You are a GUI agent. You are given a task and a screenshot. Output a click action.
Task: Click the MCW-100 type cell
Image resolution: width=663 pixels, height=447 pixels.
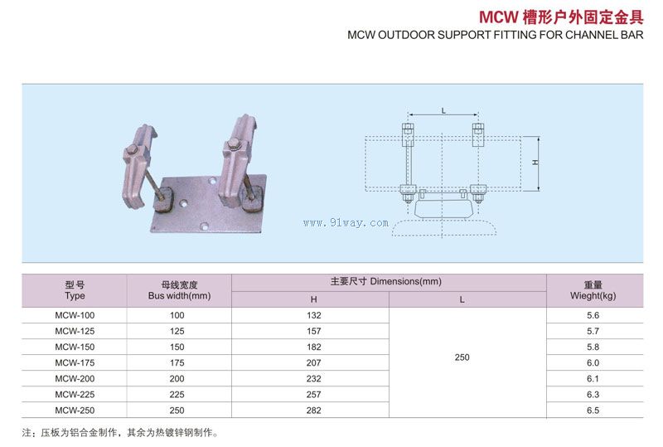(x=75, y=315)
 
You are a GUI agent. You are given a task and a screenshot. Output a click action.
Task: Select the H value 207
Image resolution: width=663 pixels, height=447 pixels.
(x=314, y=362)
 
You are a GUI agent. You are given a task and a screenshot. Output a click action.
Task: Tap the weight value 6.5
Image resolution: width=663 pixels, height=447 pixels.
(x=592, y=410)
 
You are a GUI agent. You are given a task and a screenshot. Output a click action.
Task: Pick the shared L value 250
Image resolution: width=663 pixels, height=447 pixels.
(x=462, y=357)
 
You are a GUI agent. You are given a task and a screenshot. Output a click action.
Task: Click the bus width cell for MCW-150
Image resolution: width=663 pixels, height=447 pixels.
(x=178, y=347)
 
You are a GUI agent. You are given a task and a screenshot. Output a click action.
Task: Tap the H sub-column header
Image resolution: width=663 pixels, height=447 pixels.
(x=314, y=299)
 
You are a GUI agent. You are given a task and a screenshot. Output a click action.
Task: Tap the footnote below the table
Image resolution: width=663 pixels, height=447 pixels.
(x=120, y=432)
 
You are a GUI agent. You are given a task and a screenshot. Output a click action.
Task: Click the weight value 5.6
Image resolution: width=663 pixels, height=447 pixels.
(x=592, y=315)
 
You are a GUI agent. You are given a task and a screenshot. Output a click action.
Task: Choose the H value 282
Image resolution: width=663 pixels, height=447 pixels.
(x=314, y=410)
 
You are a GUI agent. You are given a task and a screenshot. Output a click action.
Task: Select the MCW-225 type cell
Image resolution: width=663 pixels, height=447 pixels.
(x=75, y=394)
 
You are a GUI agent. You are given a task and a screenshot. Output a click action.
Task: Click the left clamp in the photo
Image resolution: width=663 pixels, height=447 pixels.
(x=144, y=162)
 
